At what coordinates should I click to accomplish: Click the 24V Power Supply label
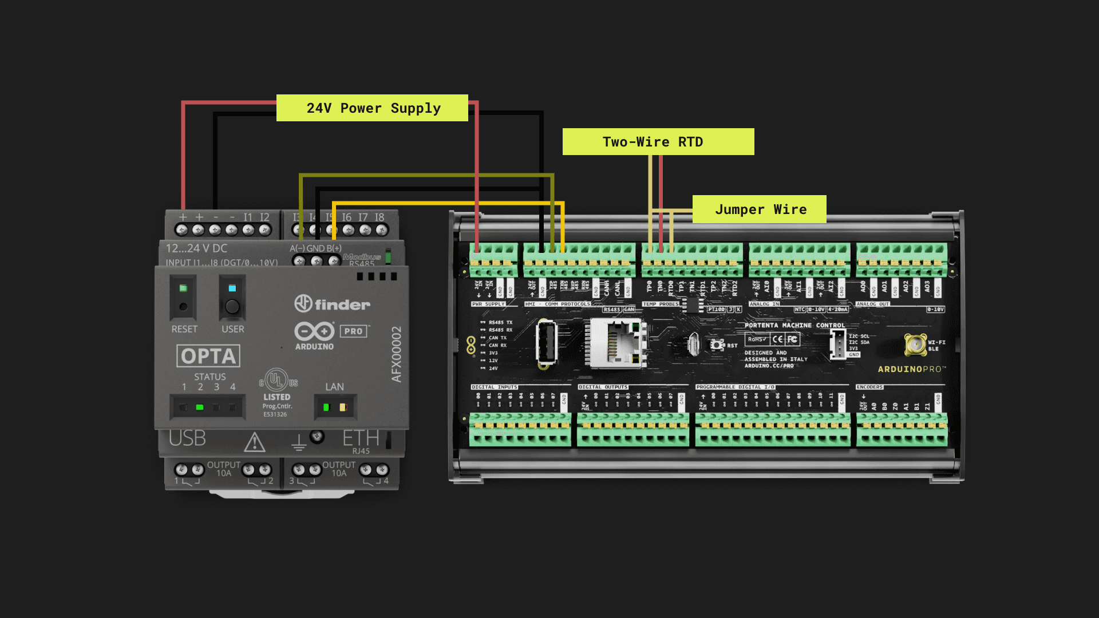372,108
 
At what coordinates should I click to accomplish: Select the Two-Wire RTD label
658,142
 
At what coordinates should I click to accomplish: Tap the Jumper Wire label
759,209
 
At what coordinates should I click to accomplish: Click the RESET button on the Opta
183,307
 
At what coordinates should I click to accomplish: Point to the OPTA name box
208,356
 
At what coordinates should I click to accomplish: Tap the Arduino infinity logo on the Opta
314,331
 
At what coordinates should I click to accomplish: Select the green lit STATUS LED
200,407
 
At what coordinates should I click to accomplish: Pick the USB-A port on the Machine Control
547,343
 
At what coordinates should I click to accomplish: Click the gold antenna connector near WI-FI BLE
915,344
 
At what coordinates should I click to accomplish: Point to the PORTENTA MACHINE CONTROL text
794,325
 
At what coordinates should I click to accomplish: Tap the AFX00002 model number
397,354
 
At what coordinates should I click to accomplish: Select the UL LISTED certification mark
277,380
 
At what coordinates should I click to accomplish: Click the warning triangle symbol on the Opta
255,442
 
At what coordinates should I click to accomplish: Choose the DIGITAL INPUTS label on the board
494,387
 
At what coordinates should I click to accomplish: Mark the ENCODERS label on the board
869,387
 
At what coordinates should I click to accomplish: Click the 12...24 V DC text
196,248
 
